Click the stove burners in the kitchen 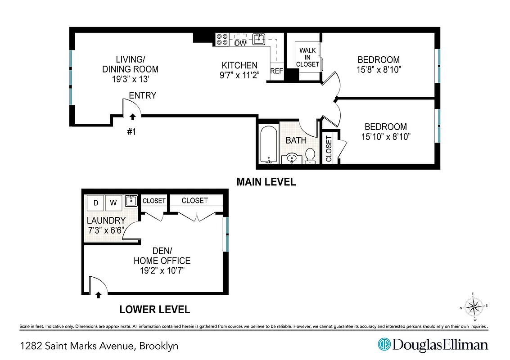pyautogui.click(x=221, y=40)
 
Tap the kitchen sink pyautogui.click(x=259, y=39)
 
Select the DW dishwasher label pyautogui.click(x=240, y=43)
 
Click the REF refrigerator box pyautogui.click(x=276, y=71)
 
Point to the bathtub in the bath pyautogui.click(x=268, y=144)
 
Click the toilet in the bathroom pyautogui.click(x=310, y=156)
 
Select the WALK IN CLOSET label pyautogui.click(x=307, y=57)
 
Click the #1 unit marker pyautogui.click(x=131, y=132)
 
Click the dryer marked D pyautogui.click(x=95, y=203)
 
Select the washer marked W pyautogui.click(x=113, y=203)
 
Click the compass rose pyautogui.click(x=473, y=307)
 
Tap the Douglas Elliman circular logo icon pyautogui.click(x=384, y=345)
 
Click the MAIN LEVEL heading pyautogui.click(x=266, y=182)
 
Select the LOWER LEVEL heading pyautogui.click(x=154, y=310)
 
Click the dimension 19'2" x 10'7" pyautogui.click(x=162, y=270)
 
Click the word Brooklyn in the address pyautogui.click(x=159, y=346)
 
